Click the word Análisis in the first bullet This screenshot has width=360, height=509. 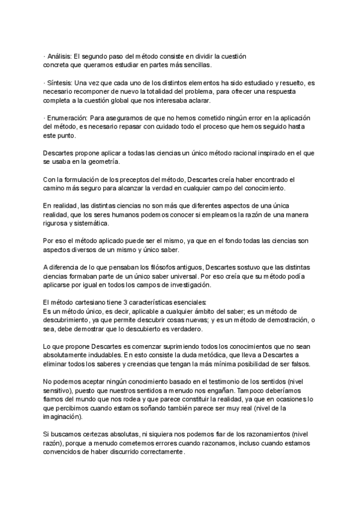click(x=60, y=56)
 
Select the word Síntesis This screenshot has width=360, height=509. click(x=59, y=83)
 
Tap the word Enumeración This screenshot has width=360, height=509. click(x=68, y=119)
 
